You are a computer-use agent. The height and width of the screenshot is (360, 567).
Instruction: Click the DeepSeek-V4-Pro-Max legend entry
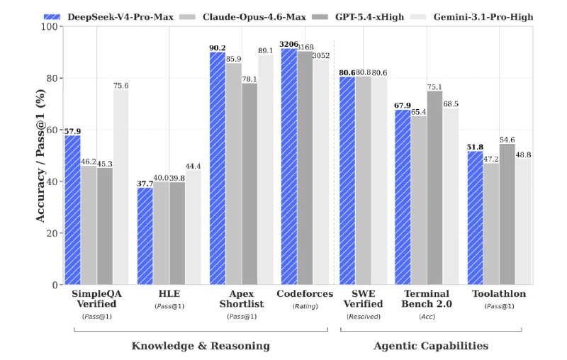point(113,16)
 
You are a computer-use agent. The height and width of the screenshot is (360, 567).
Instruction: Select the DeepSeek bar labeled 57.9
point(72,210)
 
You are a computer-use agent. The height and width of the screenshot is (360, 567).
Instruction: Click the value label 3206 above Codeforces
point(289,43)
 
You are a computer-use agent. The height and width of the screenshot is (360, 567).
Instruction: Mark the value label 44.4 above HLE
point(193,166)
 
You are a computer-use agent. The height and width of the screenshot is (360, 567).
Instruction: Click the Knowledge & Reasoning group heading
point(201,346)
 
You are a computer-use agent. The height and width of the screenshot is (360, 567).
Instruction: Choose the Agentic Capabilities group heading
point(431,346)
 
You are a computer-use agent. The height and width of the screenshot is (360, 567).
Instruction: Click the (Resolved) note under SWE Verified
point(363,316)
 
